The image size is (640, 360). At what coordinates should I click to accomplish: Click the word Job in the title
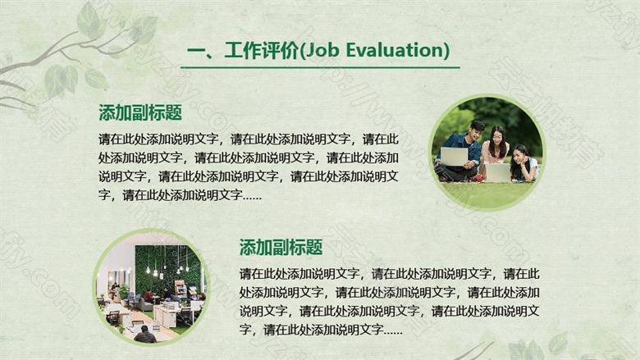(322, 51)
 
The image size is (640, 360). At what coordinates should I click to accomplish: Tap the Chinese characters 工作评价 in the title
(262, 51)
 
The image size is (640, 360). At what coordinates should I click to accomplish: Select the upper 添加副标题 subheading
(140, 112)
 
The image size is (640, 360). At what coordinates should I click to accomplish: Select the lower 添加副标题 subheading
(281, 247)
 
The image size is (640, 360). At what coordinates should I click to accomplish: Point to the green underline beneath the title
(320, 67)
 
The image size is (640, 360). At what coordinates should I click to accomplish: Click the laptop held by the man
(454, 157)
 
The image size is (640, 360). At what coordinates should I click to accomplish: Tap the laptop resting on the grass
(497, 172)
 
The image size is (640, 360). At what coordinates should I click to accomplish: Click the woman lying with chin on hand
(524, 164)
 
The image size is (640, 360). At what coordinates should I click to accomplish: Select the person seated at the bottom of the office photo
(145, 335)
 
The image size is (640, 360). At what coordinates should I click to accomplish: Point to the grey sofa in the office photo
(145, 305)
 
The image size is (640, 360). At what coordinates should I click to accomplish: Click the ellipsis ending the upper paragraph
(252, 198)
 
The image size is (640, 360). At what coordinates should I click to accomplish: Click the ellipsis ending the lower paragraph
(393, 332)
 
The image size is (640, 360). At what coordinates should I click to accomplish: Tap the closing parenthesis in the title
(446, 51)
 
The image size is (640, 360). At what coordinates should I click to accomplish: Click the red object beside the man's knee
(475, 178)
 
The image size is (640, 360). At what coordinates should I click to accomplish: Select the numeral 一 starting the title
(196, 52)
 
